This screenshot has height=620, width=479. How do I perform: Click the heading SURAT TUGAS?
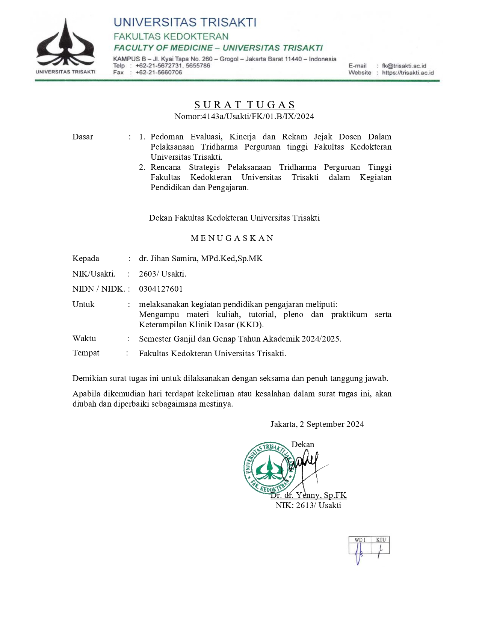point(245,105)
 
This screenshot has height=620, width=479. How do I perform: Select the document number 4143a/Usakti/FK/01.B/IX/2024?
point(258,116)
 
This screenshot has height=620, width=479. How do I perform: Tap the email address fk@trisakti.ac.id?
point(404,66)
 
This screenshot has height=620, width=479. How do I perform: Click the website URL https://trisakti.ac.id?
point(408,73)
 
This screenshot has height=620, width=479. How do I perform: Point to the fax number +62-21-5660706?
point(159,73)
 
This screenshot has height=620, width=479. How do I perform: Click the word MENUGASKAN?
point(232,238)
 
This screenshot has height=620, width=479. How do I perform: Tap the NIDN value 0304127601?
point(161,289)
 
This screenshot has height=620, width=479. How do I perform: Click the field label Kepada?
point(86,259)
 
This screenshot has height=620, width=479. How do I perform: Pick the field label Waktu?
point(84,339)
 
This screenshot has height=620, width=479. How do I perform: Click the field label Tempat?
point(86,353)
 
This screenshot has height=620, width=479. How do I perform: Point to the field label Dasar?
point(83,137)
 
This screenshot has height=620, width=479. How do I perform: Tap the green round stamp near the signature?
point(269,468)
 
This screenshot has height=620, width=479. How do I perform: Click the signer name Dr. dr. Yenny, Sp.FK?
point(308,495)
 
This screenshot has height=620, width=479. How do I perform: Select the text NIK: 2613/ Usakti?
point(308,505)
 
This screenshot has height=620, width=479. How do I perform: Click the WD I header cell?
point(360,540)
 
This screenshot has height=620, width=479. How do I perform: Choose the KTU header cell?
point(381,540)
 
